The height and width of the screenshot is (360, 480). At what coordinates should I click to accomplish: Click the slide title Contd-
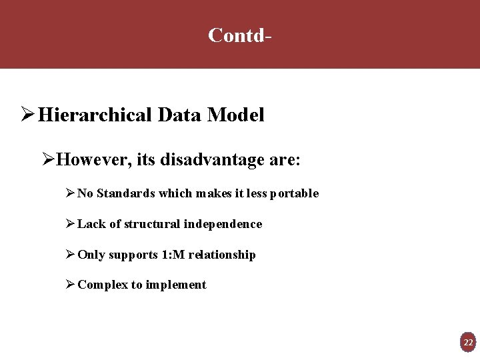239,35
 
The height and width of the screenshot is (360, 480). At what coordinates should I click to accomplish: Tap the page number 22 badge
468,343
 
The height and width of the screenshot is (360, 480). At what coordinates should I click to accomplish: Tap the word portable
294,193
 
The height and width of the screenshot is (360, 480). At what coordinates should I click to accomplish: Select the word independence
223,224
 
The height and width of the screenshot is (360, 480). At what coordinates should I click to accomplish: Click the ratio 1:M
172,255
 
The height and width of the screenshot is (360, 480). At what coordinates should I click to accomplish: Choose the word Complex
103,285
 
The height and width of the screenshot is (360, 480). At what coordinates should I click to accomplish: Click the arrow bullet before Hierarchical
27,115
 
